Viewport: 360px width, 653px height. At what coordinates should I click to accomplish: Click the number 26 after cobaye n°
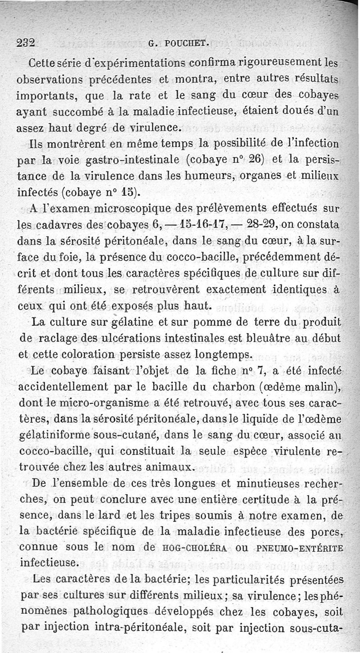254,160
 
